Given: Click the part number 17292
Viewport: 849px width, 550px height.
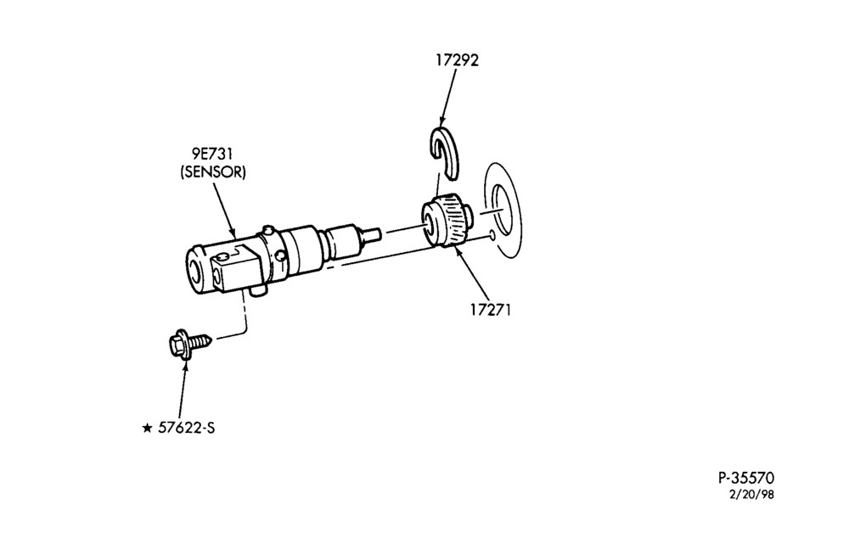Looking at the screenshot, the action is pyautogui.click(x=458, y=59).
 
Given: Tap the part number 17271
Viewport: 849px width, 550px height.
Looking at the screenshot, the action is pyautogui.click(x=491, y=310).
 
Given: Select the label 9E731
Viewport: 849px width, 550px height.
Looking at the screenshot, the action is pyautogui.click(x=212, y=154).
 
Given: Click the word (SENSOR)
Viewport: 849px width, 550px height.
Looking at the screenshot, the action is pyautogui.click(x=213, y=172).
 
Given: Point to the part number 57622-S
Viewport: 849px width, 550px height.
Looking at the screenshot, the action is pyautogui.click(x=186, y=428).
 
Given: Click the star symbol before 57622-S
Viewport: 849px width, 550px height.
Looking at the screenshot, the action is pyautogui.click(x=147, y=428).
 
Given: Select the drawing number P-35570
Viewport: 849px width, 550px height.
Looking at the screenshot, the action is pyautogui.click(x=746, y=478).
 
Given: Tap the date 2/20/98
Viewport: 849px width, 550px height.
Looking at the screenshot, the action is pyautogui.click(x=752, y=494).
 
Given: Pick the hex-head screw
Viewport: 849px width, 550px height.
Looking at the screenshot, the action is pyautogui.click(x=190, y=343).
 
